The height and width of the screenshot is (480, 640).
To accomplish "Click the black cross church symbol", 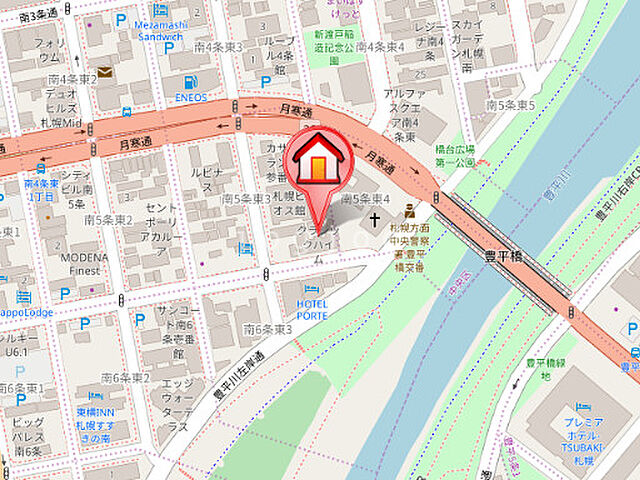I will pyautogui.click(x=375, y=218).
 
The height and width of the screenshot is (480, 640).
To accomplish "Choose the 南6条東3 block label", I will pyautogui.click(x=268, y=328).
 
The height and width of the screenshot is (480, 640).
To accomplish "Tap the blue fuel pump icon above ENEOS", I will pyautogui.click(x=189, y=81).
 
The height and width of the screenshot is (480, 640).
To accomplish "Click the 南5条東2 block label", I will pyautogui.click(x=109, y=218).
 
